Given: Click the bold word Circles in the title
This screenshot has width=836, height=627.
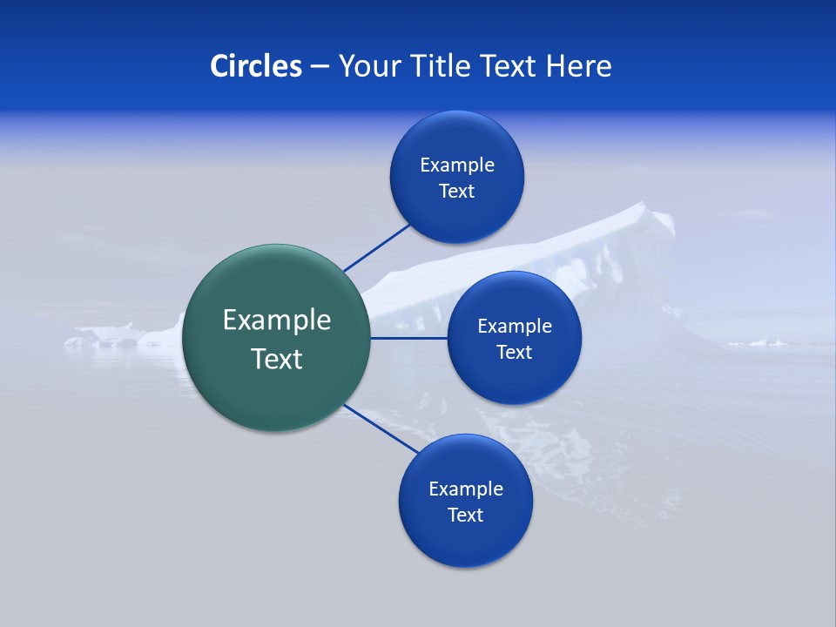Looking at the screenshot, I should (256, 66).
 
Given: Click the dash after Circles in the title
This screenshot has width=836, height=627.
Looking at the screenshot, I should (320, 67).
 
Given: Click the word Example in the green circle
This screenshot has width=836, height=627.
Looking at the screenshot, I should (277, 320).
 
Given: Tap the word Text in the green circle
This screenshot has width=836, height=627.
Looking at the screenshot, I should (277, 359).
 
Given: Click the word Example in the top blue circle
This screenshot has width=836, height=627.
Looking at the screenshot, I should (457, 165).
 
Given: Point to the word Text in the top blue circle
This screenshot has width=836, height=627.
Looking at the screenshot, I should (457, 192).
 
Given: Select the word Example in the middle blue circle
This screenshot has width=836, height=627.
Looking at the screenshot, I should (514, 327).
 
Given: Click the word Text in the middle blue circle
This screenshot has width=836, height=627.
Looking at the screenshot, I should (514, 353).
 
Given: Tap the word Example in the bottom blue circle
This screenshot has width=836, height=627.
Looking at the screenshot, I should (465, 489).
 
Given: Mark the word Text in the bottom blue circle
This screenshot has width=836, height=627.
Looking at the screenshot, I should (465, 516).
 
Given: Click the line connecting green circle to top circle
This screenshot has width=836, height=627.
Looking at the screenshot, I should (376, 247).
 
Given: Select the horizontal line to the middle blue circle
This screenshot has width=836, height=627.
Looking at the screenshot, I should (408, 338).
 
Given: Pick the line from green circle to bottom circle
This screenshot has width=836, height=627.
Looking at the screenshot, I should (381, 428).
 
